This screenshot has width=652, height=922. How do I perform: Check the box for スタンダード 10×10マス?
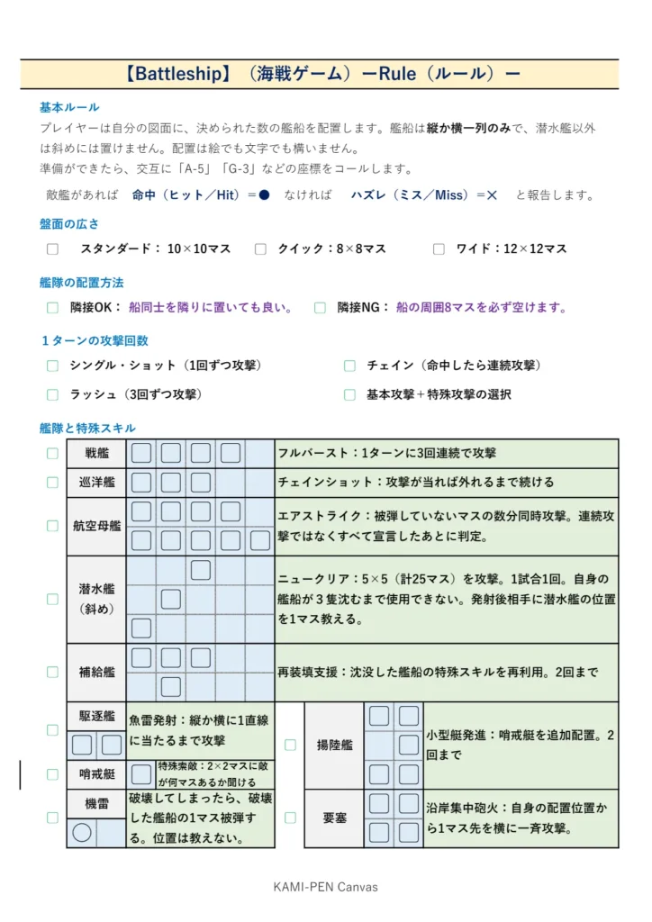pos(52,249)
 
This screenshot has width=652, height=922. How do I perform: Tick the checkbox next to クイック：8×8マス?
pos(260,249)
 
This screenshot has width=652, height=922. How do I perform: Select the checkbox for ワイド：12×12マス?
pos(439,249)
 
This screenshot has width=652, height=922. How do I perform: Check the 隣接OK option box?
pos(52,308)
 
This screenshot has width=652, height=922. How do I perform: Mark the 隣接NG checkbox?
pos(320,308)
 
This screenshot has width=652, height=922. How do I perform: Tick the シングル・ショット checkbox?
pos(52,366)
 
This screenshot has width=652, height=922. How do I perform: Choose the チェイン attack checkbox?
pos(349,366)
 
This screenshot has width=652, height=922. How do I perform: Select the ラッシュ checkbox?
pos(52,394)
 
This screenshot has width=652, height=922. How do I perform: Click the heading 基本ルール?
pos(69,107)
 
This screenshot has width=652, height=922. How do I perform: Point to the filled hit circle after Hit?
pos(264,195)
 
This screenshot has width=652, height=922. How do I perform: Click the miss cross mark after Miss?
pos(492,195)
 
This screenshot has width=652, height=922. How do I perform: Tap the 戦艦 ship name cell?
pos(96,454)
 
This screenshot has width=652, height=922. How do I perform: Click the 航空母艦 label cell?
pos(96,526)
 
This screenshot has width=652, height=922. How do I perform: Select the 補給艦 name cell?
pos(96,673)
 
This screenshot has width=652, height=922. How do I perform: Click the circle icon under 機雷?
pos(82,833)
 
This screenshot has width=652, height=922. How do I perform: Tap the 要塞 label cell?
pos(334,818)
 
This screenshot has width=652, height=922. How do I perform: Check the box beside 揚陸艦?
pos(290,745)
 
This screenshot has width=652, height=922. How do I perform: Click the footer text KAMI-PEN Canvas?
pos(325,887)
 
